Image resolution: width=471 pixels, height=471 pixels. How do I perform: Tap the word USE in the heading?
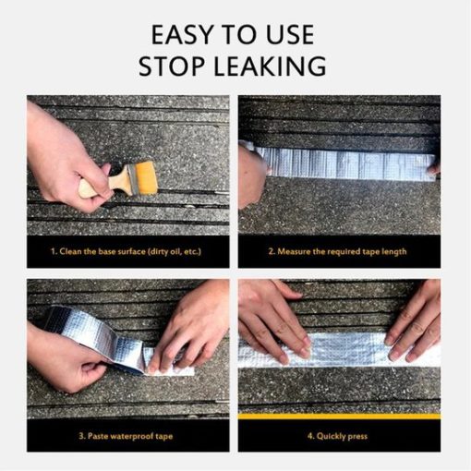(x=290, y=34)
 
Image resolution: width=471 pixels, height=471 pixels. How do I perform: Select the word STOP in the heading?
(x=172, y=66)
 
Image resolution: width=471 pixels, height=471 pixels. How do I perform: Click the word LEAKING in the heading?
(x=270, y=66)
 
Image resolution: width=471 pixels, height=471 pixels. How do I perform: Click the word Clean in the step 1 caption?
(x=71, y=251)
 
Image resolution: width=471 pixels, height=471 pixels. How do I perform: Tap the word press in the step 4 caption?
(x=358, y=437)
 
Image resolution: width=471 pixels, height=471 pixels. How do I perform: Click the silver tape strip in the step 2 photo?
(x=344, y=163)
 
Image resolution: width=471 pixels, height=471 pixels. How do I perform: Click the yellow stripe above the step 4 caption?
(x=339, y=417)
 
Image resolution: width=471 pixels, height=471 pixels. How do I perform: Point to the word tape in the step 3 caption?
(x=164, y=437)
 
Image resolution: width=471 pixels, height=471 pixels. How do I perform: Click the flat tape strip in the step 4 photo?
(x=339, y=350)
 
